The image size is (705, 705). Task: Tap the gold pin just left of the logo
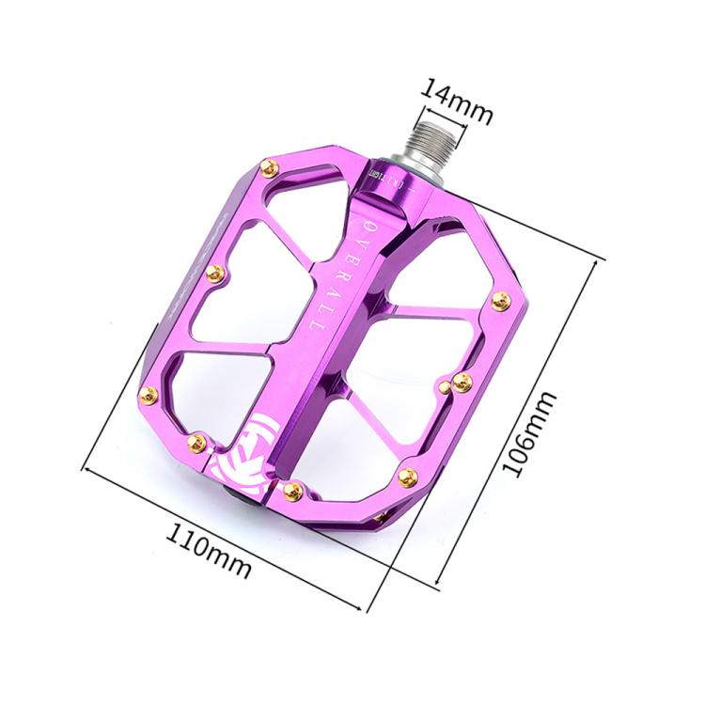point(197,440)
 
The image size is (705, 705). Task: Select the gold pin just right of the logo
point(292,490)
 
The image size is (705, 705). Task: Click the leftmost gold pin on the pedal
point(147,396)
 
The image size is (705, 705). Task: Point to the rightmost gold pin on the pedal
point(501,301)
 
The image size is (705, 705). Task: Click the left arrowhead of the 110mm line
point(87,465)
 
